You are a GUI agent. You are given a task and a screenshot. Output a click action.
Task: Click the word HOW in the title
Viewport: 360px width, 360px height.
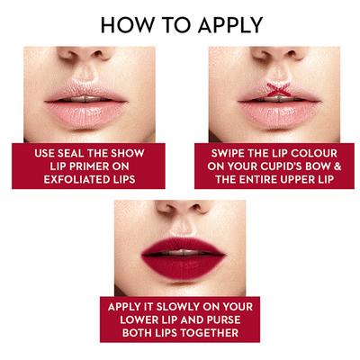pos(122,24)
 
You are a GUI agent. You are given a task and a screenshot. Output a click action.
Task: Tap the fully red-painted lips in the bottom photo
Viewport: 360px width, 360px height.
pos(179,255)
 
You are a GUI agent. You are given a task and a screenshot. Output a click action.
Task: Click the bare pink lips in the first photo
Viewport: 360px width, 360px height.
pos(89,94)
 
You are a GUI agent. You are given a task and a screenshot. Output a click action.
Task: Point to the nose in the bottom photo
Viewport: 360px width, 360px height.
pos(179,214)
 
